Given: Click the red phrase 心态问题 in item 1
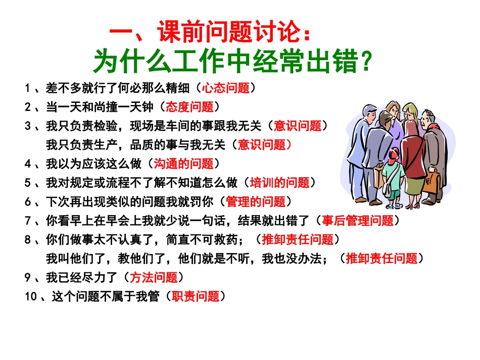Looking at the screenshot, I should click(226, 88).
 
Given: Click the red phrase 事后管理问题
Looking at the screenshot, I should click(358, 221).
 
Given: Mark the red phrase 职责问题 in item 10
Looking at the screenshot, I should click(196, 296).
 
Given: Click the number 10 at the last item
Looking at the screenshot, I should click(31, 297).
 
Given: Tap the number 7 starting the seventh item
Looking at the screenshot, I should click(28, 221).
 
